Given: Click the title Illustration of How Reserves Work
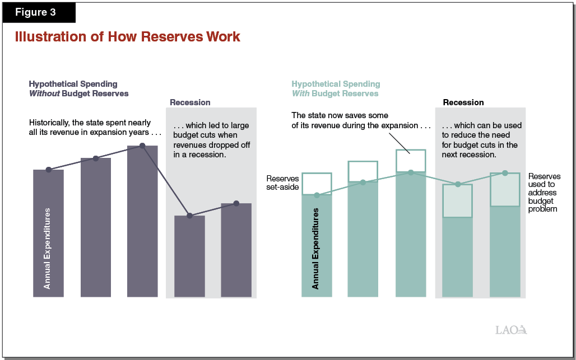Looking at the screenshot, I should tap(128, 37).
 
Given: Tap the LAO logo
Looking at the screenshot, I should tap(511, 330).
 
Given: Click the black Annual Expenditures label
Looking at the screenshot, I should tap(315, 249).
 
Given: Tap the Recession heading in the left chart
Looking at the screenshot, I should tap(190, 102).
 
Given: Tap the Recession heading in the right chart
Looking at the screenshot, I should tap(463, 102).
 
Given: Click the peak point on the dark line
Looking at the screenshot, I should tap(142, 146).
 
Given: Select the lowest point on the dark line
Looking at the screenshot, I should tap(189, 216).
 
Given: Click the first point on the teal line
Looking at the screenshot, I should tap(317, 195).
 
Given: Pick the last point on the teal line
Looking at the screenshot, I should tap(505, 173).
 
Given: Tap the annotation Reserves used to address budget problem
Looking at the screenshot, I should tap(544, 193).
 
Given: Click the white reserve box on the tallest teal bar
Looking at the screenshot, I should tap(410, 160).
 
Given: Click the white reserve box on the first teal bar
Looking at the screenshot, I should tap(317, 184).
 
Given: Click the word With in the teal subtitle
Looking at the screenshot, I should tap(300, 93).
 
